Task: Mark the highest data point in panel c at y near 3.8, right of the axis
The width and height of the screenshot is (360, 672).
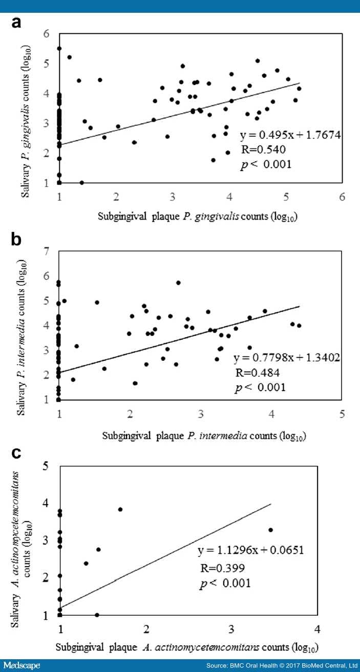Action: point(120,509)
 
